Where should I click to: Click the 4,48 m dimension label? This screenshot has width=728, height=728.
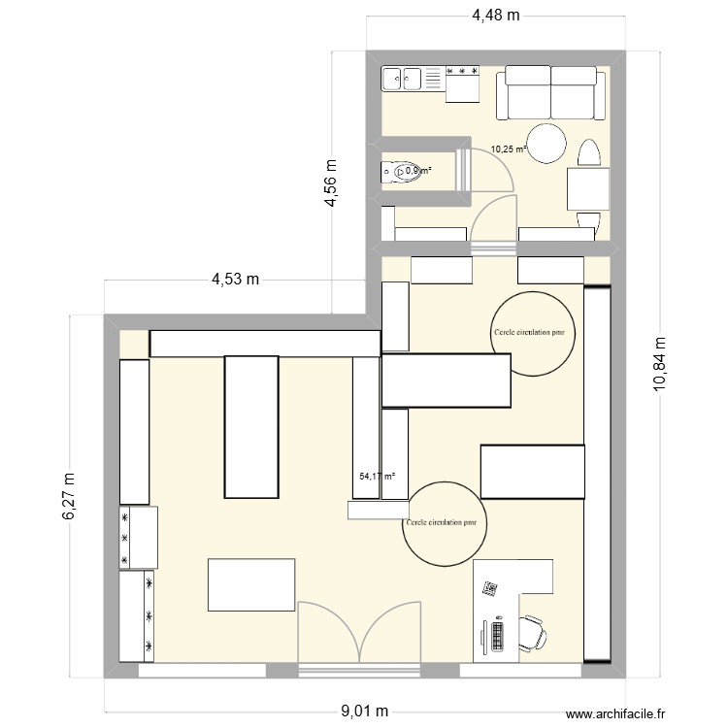[495, 15]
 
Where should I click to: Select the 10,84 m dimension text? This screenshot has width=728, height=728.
[660, 363]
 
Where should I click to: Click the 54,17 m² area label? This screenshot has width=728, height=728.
[378, 476]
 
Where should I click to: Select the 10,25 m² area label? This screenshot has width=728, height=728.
[508, 149]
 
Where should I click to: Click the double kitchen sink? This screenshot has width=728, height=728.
[401, 78]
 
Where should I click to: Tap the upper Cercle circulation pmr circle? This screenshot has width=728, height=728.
[533, 333]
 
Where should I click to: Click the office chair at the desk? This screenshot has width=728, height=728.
[532, 631]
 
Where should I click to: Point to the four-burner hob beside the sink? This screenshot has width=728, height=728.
[462, 70]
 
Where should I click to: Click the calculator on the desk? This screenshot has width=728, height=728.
[491, 588]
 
